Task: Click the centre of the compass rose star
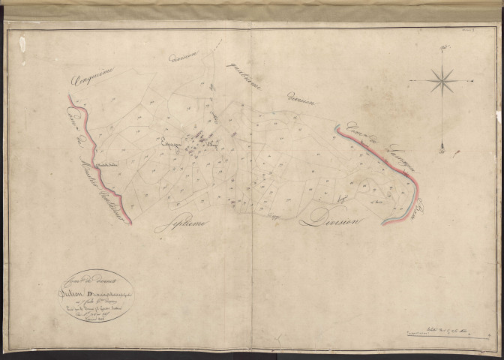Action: [x=441, y=78]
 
